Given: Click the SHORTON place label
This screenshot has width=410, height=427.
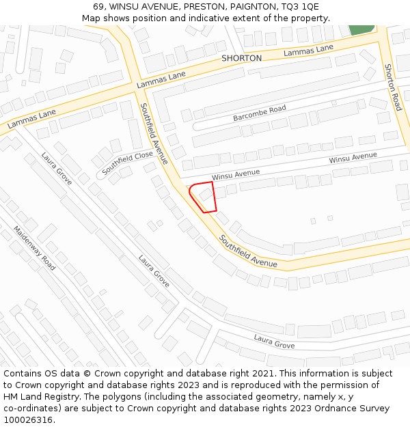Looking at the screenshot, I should [241, 59].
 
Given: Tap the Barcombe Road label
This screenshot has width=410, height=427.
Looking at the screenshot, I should [260, 113].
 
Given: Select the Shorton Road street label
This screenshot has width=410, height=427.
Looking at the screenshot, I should [392, 87].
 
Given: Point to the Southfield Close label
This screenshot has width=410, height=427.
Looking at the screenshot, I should [128, 162].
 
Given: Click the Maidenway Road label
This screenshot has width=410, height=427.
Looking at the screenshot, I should [34, 248].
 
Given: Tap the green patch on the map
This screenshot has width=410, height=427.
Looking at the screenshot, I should [361, 29].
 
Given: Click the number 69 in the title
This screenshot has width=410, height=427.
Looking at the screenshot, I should [99, 7].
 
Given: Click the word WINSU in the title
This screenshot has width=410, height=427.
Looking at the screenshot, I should [126, 7].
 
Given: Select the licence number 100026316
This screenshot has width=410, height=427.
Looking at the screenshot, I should [27, 420].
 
